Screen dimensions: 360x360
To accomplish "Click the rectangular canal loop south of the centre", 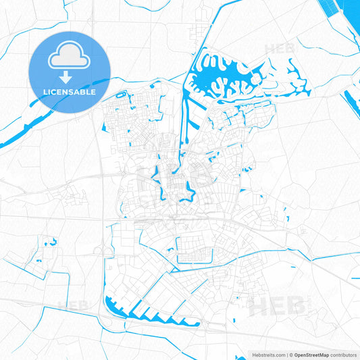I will [x=202, y=251].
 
